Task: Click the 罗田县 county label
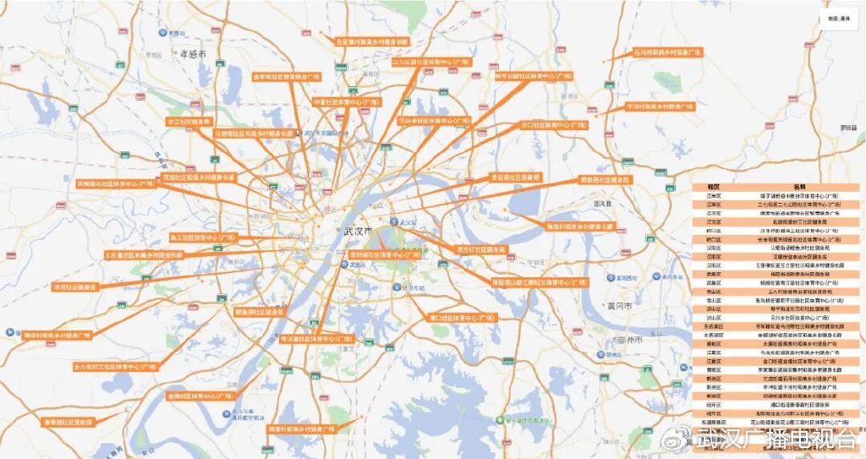click(847, 127)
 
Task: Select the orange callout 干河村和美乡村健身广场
click(660, 107)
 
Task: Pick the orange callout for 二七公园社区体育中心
click(431, 62)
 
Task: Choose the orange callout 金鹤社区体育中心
click(200, 395)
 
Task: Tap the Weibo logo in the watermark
click(678, 440)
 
